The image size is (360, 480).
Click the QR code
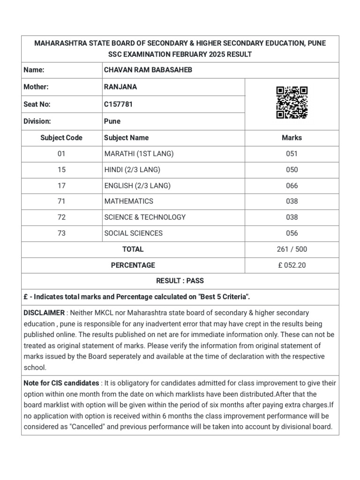[292, 103]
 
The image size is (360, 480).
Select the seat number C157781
[118, 105]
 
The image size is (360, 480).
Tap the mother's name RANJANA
[120, 87]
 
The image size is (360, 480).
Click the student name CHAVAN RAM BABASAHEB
[148, 70]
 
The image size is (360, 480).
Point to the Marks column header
[292, 138]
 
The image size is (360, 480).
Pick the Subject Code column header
[61, 138]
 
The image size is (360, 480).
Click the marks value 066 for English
[292, 186]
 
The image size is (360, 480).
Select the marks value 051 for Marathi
[292, 154]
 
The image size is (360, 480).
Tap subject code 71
[61, 201]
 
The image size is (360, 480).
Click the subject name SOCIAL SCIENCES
[134, 233]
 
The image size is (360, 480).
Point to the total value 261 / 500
[292, 249]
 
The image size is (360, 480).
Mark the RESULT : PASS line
[180, 281]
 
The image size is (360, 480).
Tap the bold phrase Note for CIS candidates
[61, 383]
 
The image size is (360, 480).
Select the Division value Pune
[112, 121]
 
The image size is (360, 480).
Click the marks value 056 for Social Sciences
[292, 233]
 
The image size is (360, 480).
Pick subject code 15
[61, 170]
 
